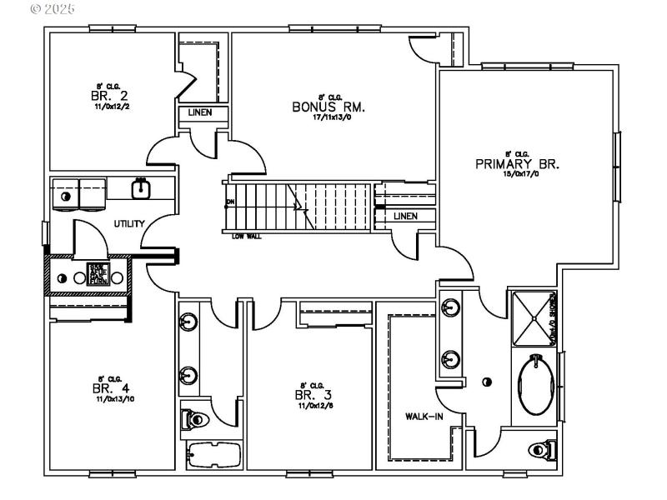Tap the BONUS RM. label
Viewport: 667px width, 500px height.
(x=329, y=107)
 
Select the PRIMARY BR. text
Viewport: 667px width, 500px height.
(x=517, y=164)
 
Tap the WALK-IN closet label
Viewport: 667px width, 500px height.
(x=424, y=416)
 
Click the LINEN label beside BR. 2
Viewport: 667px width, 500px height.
(x=199, y=112)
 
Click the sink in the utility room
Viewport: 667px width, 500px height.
(x=141, y=188)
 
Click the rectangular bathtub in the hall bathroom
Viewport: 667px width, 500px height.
(x=213, y=455)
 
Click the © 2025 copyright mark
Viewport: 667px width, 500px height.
(x=52, y=9)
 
